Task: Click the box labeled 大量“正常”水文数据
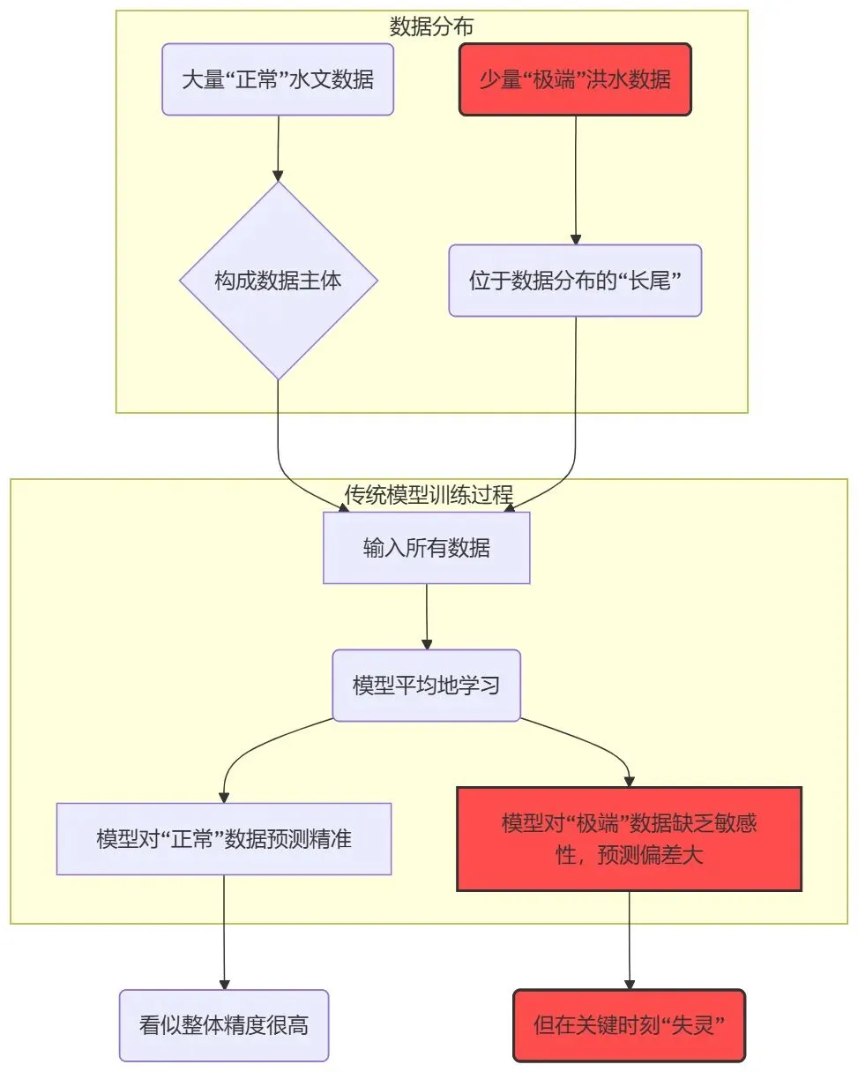click(278, 79)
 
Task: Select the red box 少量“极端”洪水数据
click(575, 79)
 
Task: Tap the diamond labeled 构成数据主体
click(278, 281)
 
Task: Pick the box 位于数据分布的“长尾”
click(575, 281)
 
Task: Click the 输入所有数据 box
click(427, 548)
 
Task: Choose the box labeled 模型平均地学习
click(427, 686)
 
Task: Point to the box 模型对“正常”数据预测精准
click(224, 839)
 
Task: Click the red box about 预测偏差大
click(629, 839)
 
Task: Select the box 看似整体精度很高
click(224, 1025)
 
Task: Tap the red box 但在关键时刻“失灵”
click(629, 1025)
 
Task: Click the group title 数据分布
click(431, 26)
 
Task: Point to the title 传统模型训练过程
click(429, 494)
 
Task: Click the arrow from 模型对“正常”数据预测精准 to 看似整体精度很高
click(224, 932)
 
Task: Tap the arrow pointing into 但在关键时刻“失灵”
click(629, 941)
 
